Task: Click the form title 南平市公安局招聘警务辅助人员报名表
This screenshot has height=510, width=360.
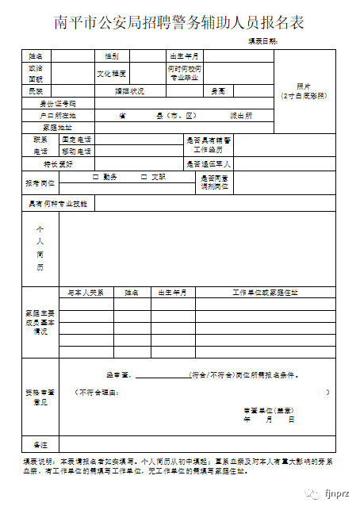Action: [180, 21]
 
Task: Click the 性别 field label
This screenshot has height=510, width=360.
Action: [111, 56]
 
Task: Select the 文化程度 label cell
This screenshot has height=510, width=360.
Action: [111, 74]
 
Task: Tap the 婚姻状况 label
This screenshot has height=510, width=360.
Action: [130, 91]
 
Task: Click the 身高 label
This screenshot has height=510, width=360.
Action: [218, 91]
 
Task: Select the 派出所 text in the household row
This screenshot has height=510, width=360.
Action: [241, 115]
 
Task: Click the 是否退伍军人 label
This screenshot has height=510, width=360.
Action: [209, 164]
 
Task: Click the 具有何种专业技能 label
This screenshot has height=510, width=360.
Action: [58, 204]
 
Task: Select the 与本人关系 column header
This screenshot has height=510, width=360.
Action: [86, 293]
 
